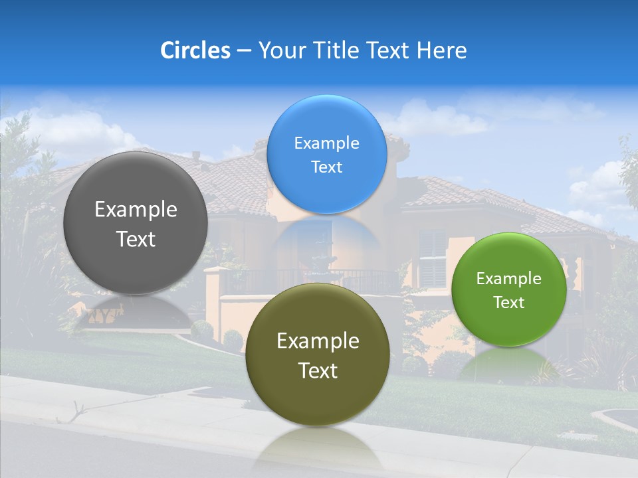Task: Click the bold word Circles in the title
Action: (195, 50)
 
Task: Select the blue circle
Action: (326, 154)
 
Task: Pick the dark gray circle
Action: (136, 223)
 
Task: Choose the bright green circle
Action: (509, 289)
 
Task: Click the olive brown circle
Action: (318, 355)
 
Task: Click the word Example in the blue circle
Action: (326, 143)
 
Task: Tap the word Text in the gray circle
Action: (136, 239)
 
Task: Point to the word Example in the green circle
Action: (509, 278)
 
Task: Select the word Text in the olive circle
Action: (318, 370)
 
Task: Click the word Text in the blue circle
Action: (326, 167)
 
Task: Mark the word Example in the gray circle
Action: (136, 209)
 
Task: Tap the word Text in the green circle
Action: (509, 302)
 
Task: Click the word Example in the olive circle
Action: (318, 341)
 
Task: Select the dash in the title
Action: (243, 50)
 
